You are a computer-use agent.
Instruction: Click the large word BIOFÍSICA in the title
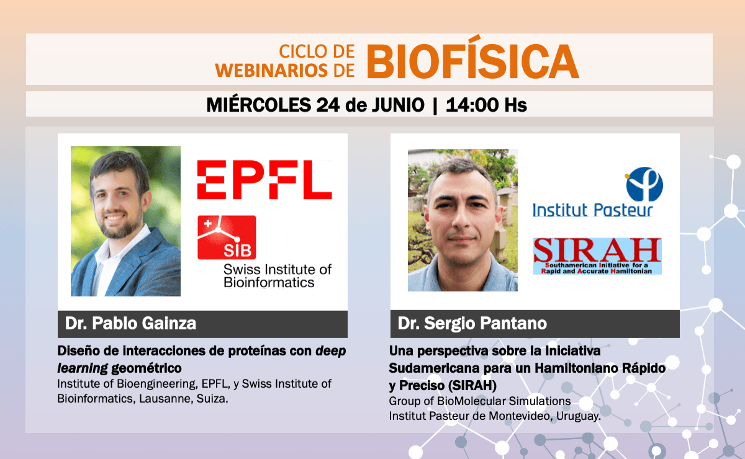[x=472, y=59]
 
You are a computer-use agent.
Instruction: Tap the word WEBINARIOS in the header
[x=271, y=71]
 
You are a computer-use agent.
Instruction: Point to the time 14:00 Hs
[x=486, y=105]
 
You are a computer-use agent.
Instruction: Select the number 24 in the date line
[x=328, y=105]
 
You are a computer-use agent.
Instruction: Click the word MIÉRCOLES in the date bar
[x=258, y=104]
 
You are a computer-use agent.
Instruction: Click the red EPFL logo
[x=264, y=179]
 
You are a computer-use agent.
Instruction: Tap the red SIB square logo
[x=227, y=238]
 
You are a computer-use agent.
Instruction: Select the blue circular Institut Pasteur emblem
[x=644, y=184]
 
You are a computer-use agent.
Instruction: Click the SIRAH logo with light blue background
[x=597, y=256]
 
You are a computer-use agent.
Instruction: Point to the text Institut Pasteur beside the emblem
[x=593, y=210]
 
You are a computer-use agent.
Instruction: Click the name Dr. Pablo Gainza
[x=131, y=323]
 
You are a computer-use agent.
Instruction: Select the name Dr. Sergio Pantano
[x=472, y=324]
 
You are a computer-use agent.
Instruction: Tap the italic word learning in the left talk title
[x=83, y=368]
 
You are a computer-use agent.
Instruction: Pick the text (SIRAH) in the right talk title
[x=472, y=386]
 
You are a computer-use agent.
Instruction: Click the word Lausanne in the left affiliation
[x=166, y=398]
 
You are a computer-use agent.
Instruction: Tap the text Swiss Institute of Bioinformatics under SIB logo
[x=278, y=276]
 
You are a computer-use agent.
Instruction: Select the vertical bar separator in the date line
[x=435, y=105]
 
